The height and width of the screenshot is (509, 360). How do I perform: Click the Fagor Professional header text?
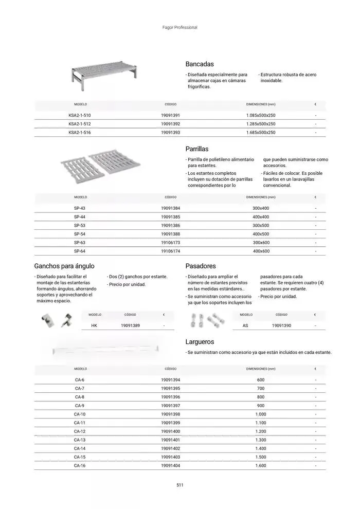point(179,27)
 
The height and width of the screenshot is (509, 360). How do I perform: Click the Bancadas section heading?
point(199,64)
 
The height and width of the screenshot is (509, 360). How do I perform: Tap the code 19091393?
point(170,132)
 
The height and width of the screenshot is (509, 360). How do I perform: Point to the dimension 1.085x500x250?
point(261,115)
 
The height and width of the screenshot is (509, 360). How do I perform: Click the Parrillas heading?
point(196,149)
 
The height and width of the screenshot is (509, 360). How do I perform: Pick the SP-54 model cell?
point(80,234)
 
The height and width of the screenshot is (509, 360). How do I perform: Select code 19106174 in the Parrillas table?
point(170,251)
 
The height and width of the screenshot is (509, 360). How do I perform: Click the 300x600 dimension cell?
point(261,243)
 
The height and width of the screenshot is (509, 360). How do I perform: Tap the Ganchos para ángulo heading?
point(64,266)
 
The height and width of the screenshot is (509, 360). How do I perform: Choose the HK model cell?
point(94,325)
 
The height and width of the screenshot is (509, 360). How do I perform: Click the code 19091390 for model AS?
point(281,325)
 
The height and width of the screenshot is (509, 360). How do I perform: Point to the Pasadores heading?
point(201,266)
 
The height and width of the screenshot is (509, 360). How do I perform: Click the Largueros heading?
point(200,341)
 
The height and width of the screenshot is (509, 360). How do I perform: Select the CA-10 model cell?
point(80,414)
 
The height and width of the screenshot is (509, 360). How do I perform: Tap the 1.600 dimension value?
point(261,466)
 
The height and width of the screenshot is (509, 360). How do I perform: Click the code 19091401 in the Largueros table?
point(170,440)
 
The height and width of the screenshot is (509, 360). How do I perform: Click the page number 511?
point(179,485)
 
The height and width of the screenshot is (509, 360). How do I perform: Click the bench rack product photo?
point(104,76)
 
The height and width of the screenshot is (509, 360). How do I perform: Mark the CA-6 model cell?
point(80,379)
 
